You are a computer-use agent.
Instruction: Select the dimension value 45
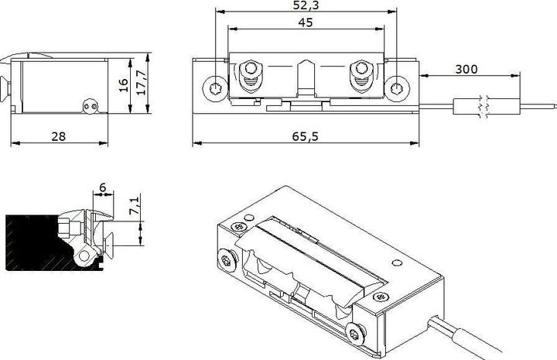pyautogui.click(x=305, y=22)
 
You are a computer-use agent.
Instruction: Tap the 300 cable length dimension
pyautogui.click(x=466, y=69)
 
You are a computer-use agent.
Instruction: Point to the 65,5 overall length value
pyautogui.click(x=306, y=136)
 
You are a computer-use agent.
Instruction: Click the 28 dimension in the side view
pyautogui.click(x=58, y=136)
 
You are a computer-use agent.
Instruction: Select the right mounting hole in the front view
pyautogui.click(x=398, y=87)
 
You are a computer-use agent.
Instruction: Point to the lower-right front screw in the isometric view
pyautogui.click(x=354, y=333)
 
